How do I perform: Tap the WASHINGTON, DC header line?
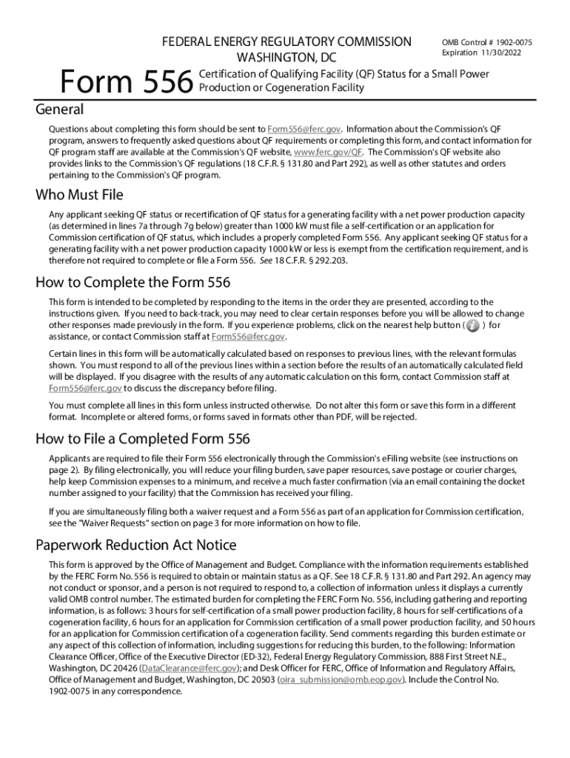pos(286,57)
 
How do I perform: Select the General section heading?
pos(60,110)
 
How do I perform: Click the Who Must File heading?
pos(79,195)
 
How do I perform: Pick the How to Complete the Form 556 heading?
pos(133,282)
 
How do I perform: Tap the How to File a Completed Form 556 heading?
pos(143,439)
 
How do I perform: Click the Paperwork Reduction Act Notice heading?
pos(136,546)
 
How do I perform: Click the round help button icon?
pos(472,326)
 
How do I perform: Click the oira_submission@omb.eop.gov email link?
pos(341,680)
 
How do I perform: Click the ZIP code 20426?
pos(122,668)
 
